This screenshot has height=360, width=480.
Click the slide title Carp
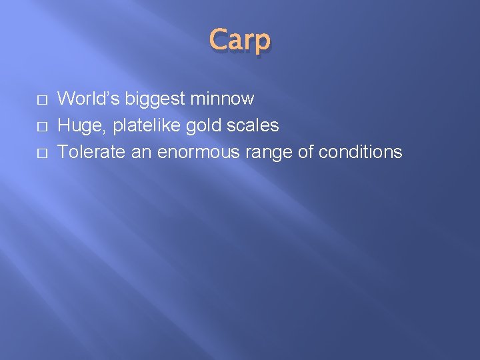point(240,40)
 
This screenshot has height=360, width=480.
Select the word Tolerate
point(90,152)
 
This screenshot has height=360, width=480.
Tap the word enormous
point(199,153)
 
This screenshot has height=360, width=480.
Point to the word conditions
point(361,152)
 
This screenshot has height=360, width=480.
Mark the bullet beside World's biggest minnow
point(42,99)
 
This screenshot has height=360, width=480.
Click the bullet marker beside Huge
point(42,126)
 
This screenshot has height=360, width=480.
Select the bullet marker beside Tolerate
point(42,153)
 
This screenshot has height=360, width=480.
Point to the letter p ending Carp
point(263,42)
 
